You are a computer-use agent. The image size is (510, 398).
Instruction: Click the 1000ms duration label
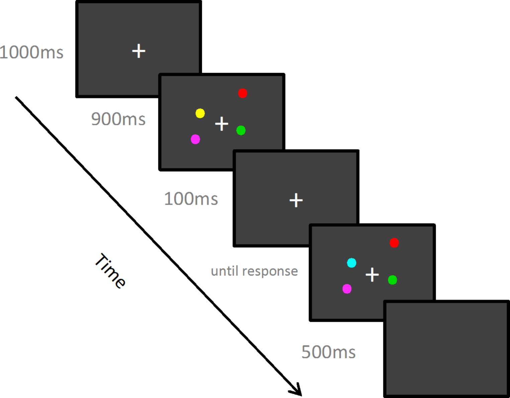tap(31, 53)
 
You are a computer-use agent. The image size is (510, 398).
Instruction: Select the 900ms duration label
tap(118, 119)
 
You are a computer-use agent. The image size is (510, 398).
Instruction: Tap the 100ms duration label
tap(191, 199)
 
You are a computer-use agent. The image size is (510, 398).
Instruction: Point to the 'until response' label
tap(254, 271)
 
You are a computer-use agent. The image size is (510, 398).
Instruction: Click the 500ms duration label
tap(328, 352)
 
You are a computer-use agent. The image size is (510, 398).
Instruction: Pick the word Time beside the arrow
tap(110, 271)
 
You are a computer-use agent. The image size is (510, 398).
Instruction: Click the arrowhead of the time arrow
tap(296, 391)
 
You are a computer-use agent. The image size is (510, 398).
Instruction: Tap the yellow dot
tap(200, 113)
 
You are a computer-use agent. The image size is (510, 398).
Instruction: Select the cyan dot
tap(352, 263)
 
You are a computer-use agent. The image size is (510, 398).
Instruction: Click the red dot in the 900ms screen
tap(243, 93)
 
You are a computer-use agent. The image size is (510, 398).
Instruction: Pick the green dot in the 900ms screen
tap(241, 130)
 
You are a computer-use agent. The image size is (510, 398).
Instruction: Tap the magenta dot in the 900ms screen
tap(195, 139)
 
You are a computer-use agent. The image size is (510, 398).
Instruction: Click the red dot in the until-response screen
tap(394, 243)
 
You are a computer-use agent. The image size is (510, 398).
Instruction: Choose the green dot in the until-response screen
tap(393, 280)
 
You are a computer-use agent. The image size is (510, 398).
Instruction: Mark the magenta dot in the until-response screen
tap(347, 289)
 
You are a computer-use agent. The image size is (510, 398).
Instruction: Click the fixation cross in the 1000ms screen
tap(139, 51)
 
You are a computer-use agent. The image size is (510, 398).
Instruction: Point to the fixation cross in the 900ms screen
tap(222, 124)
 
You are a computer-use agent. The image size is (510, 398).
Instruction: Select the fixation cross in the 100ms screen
tap(296, 200)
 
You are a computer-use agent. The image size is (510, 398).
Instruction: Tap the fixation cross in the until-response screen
tap(372, 275)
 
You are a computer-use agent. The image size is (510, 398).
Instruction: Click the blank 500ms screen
tap(447, 348)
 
